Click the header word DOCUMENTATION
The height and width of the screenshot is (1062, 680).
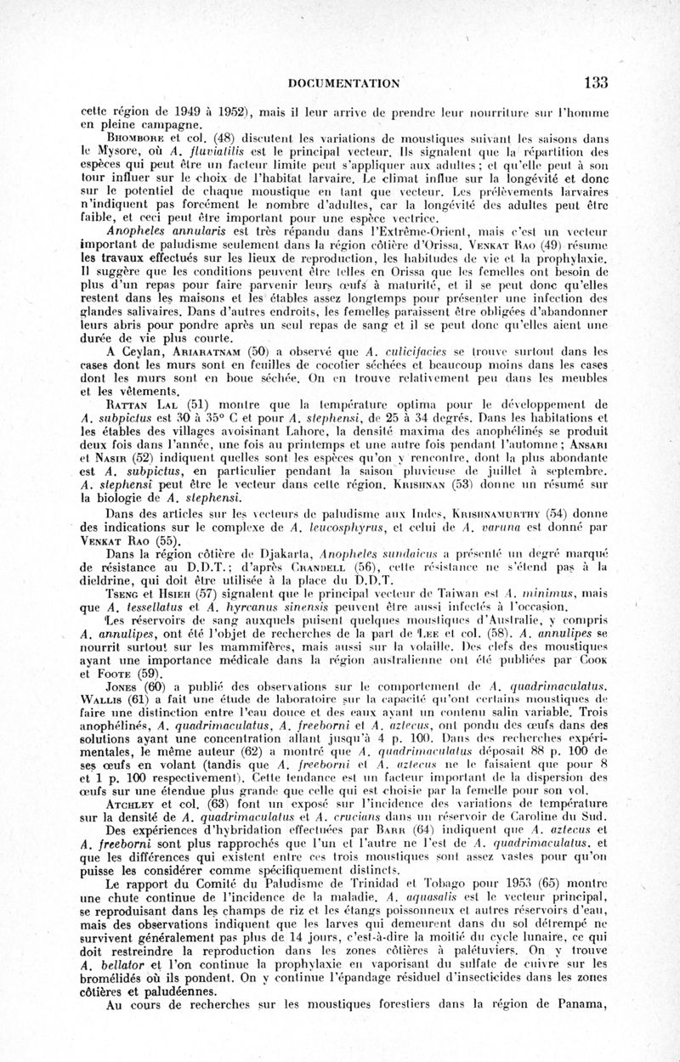(345, 83)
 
